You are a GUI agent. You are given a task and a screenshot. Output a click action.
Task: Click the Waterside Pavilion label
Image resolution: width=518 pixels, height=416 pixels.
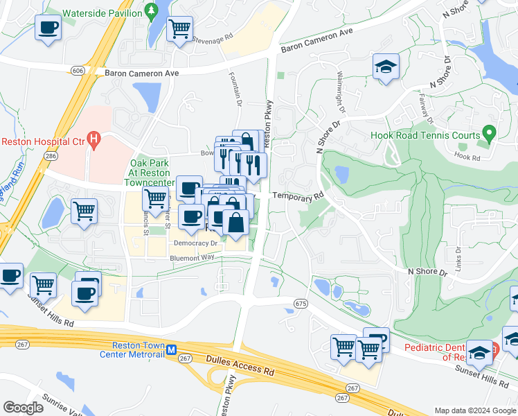[102, 13]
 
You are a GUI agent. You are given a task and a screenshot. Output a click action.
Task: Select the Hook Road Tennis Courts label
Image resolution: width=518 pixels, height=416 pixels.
[425, 136]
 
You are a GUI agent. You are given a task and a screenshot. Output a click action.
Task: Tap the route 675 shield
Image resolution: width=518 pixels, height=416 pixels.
[300, 304]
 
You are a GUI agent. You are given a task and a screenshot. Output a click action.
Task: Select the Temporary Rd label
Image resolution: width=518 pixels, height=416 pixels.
[298, 196]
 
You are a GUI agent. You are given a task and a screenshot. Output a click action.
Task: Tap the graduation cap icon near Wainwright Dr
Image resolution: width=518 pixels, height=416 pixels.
[386, 67]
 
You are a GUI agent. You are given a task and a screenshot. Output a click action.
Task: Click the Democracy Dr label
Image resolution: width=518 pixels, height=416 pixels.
[195, 243]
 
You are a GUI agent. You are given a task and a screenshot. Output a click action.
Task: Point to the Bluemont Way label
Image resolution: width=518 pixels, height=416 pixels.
[192, 257]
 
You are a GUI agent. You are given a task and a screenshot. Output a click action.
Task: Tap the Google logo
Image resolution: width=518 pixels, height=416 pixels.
[23, 408]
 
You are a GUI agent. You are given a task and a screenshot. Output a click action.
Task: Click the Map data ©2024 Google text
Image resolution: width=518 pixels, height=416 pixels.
[475, 410]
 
